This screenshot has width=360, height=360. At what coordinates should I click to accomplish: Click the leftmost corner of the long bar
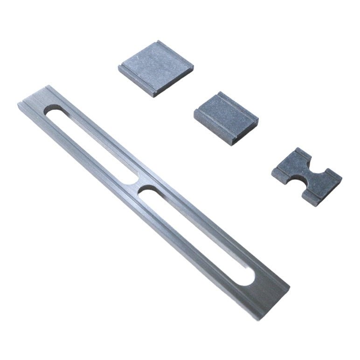[x=17, y=104]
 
